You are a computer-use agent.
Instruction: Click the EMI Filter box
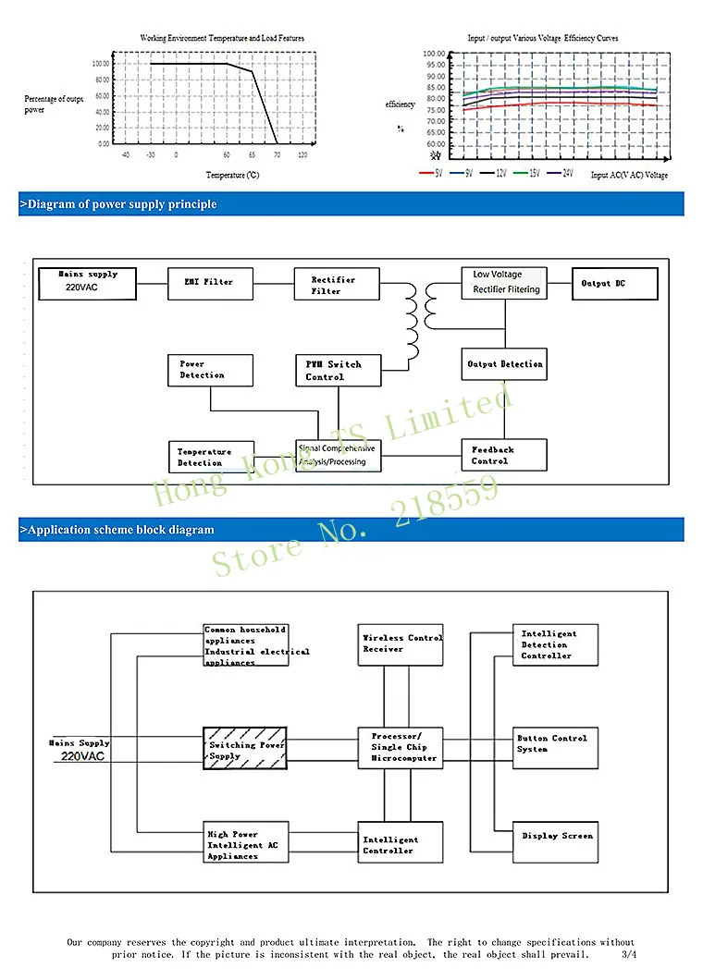(x=209, y=282)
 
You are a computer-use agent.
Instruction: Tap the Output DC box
(x=615, y=284)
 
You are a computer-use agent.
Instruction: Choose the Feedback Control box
(x=503, y=455)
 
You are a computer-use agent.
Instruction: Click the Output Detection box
(x=504, y=364)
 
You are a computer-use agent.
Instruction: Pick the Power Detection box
(x=210, y=370)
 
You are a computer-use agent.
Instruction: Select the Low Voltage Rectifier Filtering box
(x=504, y=283)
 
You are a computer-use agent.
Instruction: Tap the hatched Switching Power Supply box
(x=245, y=749)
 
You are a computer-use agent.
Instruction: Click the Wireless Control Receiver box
(x=401, y=644)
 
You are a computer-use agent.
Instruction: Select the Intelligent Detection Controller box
(x=555, y=644)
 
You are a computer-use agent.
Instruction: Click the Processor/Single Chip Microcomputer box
(x=401, y=747)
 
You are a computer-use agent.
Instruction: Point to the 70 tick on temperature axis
(x=277, y=155)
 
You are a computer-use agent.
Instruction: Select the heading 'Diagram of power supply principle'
(x=118, y=204)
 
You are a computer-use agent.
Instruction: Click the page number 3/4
(x=629, y=954)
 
